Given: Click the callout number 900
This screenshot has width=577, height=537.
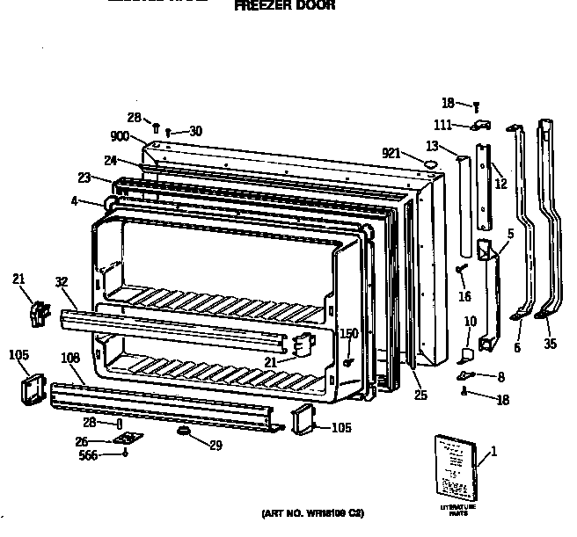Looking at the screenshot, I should pos(121,137).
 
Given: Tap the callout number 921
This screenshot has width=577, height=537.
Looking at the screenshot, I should pos(392,154).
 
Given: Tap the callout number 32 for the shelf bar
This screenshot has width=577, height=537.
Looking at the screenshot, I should pos(60,282).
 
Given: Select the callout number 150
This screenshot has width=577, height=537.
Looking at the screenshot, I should pos(349,333).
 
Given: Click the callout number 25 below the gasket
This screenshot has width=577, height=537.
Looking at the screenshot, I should pos(420,395).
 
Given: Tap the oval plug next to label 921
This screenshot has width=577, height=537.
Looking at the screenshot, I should pos(430,163).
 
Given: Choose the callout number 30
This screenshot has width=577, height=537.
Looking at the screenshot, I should pos(195,131).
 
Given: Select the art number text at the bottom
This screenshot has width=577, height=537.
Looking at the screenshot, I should pos(312,512).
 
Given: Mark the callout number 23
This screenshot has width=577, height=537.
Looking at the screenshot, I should pos(84,178).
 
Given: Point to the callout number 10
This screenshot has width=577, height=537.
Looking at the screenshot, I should pos(471,321).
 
